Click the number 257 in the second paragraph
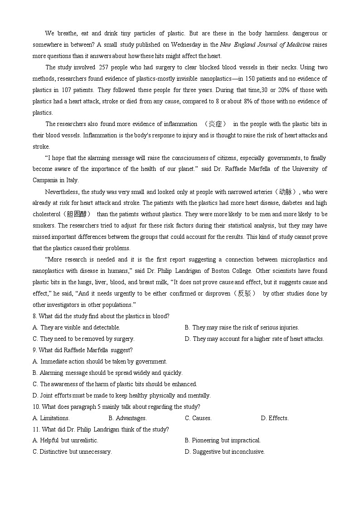103,67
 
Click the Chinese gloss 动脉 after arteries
288,192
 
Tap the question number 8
34,316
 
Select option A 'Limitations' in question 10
51,418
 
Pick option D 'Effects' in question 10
275,418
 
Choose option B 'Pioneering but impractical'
223,441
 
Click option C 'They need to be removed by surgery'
83,339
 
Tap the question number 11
36,429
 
